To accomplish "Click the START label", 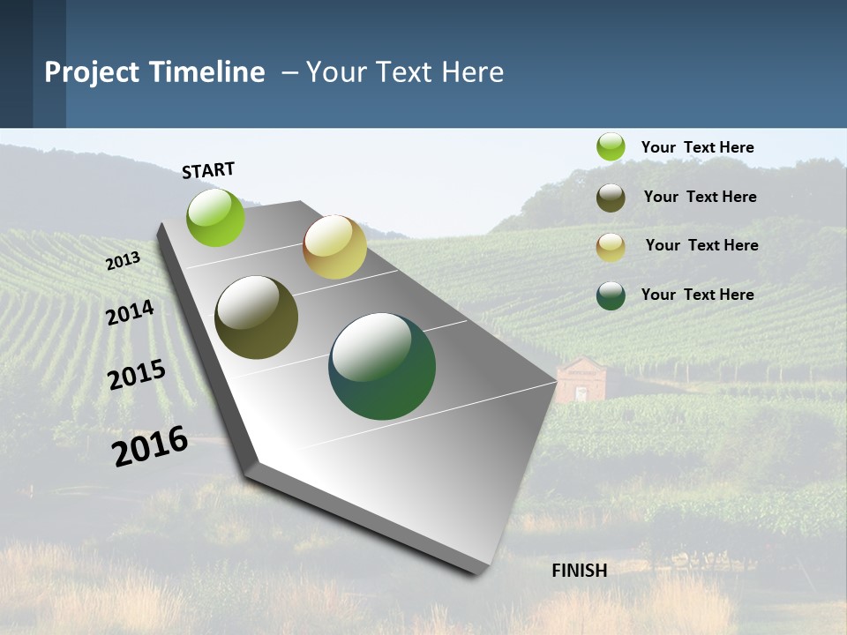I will [208, 170].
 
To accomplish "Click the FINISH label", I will [580, 571].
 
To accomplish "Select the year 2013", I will [124, 260].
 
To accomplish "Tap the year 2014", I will [130, 313].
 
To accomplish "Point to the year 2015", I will [137, 375].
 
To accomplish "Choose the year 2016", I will [150, 446].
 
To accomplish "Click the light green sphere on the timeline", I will [216, 217].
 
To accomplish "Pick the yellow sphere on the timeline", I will [334, 247].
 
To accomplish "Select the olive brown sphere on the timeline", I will [257, 317].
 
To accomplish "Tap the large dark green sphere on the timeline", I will [382, 366].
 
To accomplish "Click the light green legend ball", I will [611, 147].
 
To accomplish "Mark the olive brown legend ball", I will [611, 198].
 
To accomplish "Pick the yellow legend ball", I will [611, 246].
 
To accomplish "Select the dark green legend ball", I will [611, 295].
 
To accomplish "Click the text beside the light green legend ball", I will [697, 148].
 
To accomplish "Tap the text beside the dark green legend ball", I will [697, 295].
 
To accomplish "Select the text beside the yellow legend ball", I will [701, 245].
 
